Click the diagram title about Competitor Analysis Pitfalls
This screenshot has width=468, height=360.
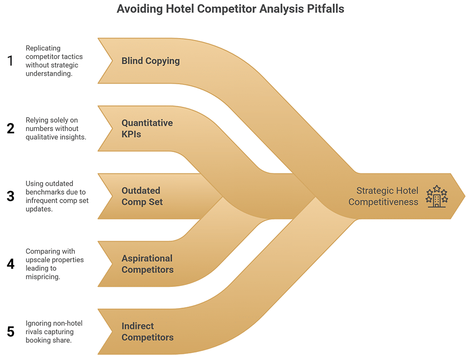pos(230,9)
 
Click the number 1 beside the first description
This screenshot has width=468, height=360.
pos(10,61)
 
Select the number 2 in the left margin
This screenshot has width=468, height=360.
pos(10,128)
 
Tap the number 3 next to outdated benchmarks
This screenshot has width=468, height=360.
pos(10,196)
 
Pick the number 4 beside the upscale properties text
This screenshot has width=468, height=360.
pos(10,264)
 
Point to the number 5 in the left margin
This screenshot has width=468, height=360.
pos(10,331)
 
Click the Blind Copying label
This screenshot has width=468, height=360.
pos(150,61)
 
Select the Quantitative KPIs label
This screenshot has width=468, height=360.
pos(147,128)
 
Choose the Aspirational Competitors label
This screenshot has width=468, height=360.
pos(147,264)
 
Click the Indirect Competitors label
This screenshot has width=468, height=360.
pos(147,331)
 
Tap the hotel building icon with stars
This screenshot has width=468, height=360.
pos(436,196)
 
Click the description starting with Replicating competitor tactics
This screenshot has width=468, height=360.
pos(51,61)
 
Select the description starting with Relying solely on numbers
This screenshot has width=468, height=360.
pos(56,128)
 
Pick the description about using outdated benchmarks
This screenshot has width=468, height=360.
pos(56,196)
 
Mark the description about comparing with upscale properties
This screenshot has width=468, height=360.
pos(54,264)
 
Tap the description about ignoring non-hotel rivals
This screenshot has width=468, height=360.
pos(54,331)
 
